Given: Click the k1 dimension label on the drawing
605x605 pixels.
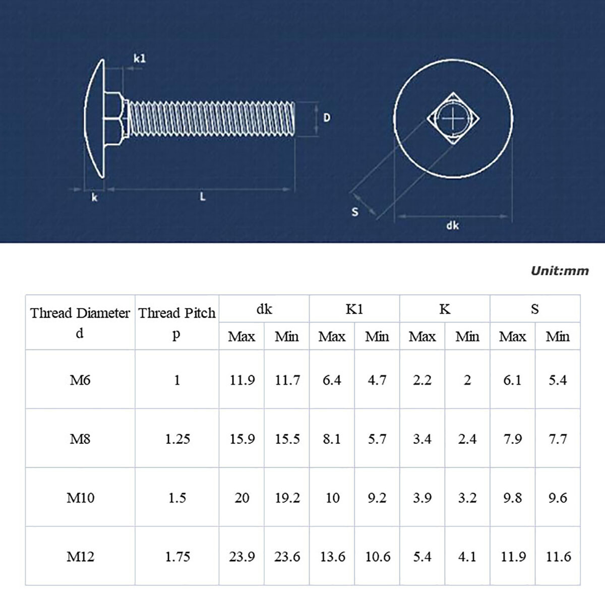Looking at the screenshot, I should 139,58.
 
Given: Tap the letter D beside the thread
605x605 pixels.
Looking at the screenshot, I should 327,117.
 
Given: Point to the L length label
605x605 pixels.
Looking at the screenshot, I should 202,197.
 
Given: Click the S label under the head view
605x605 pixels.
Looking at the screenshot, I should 355,212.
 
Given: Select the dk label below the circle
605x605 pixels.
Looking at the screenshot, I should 452,225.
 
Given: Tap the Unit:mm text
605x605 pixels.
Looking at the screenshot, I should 560,271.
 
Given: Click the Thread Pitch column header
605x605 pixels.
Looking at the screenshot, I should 177,313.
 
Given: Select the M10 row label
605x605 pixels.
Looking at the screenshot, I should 81,498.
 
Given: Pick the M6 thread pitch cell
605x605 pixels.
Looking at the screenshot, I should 177,380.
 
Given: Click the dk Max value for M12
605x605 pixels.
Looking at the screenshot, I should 242,557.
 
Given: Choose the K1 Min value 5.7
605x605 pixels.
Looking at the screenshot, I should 377,439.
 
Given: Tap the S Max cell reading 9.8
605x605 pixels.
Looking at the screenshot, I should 513,498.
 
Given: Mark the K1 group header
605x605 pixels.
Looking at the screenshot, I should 354,309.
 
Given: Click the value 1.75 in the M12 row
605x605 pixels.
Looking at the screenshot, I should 177,557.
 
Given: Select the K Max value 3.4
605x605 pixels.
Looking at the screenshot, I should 422,439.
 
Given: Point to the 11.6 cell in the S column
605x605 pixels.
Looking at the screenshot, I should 558,557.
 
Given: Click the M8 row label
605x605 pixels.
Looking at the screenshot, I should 80,439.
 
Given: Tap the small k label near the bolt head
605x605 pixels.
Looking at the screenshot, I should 94,198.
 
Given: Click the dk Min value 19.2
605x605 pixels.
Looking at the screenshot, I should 287,498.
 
